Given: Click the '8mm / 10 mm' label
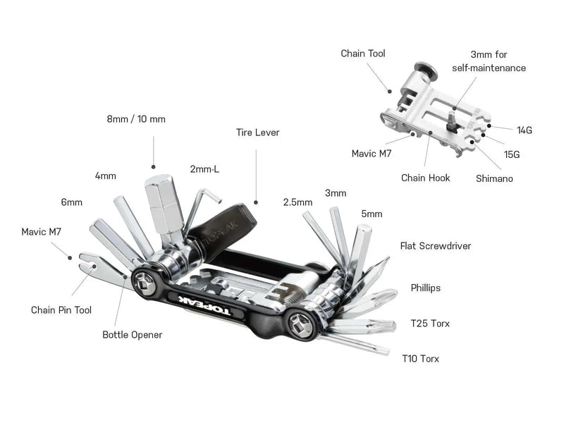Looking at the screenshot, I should coord(136,119).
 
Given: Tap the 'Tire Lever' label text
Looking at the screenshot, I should coord(257,132).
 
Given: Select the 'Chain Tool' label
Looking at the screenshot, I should coord(362,54).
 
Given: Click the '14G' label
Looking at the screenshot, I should coord(524,130).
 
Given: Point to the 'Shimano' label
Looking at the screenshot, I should coord(494,178).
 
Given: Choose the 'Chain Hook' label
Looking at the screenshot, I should coord(425,178).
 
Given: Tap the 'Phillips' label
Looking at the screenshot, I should coord(426,288).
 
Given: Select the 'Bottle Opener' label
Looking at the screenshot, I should coord(132,334).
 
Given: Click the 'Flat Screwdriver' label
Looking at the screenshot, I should coord(435,246).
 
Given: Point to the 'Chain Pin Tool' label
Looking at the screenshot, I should coord(61,309).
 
